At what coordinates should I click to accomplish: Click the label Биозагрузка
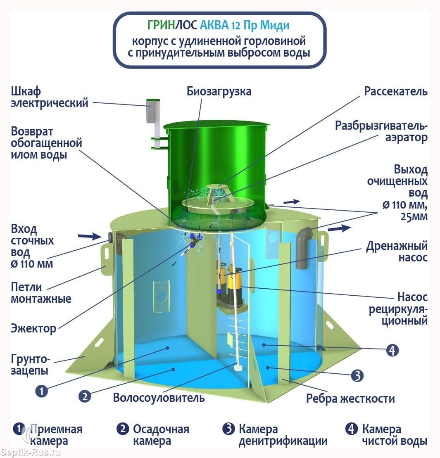pos(219,91)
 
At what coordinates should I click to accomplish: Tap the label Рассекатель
pos(396,91)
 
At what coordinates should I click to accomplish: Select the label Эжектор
pos(33,328)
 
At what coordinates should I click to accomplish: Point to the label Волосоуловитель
pos(159,398)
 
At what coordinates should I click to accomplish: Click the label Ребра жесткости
pos(350,399)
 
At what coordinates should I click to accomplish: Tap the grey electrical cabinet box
pos(152,110)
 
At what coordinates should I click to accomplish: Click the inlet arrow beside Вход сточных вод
pos(89,236)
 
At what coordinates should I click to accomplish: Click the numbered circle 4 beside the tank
pos(392,350)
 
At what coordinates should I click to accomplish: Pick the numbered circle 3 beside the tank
pos(357,376)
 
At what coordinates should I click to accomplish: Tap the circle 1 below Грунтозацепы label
pos(41,391)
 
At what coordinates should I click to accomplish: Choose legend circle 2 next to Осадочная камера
pos(122,429)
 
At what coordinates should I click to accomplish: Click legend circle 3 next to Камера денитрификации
pos(228,429)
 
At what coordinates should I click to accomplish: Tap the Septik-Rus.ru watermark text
pos(31,452)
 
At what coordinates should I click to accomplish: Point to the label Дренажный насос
pos(397,252)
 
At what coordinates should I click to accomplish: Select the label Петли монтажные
pos(41,293)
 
